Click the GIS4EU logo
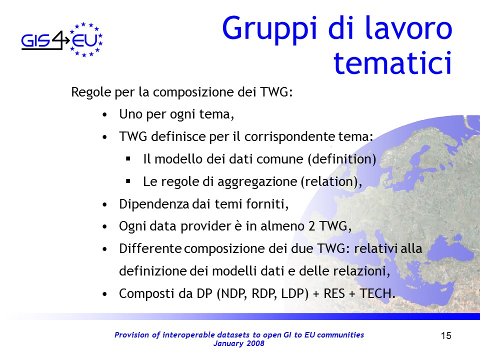pos(62,40)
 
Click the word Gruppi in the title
pos(269,29)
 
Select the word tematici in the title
pos(393,63)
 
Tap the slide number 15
pos(446,336)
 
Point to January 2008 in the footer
pos(239,343)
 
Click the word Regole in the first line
pos(91,92)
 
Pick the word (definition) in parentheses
pos(342,159)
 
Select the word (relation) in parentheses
pos(329,181)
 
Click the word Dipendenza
pos(154,204)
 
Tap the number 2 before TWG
pos(311,226)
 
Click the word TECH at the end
pos(375,293)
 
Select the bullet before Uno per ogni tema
pos(104,115)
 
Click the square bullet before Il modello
pos(128,159)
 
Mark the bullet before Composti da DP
pos(104,294)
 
